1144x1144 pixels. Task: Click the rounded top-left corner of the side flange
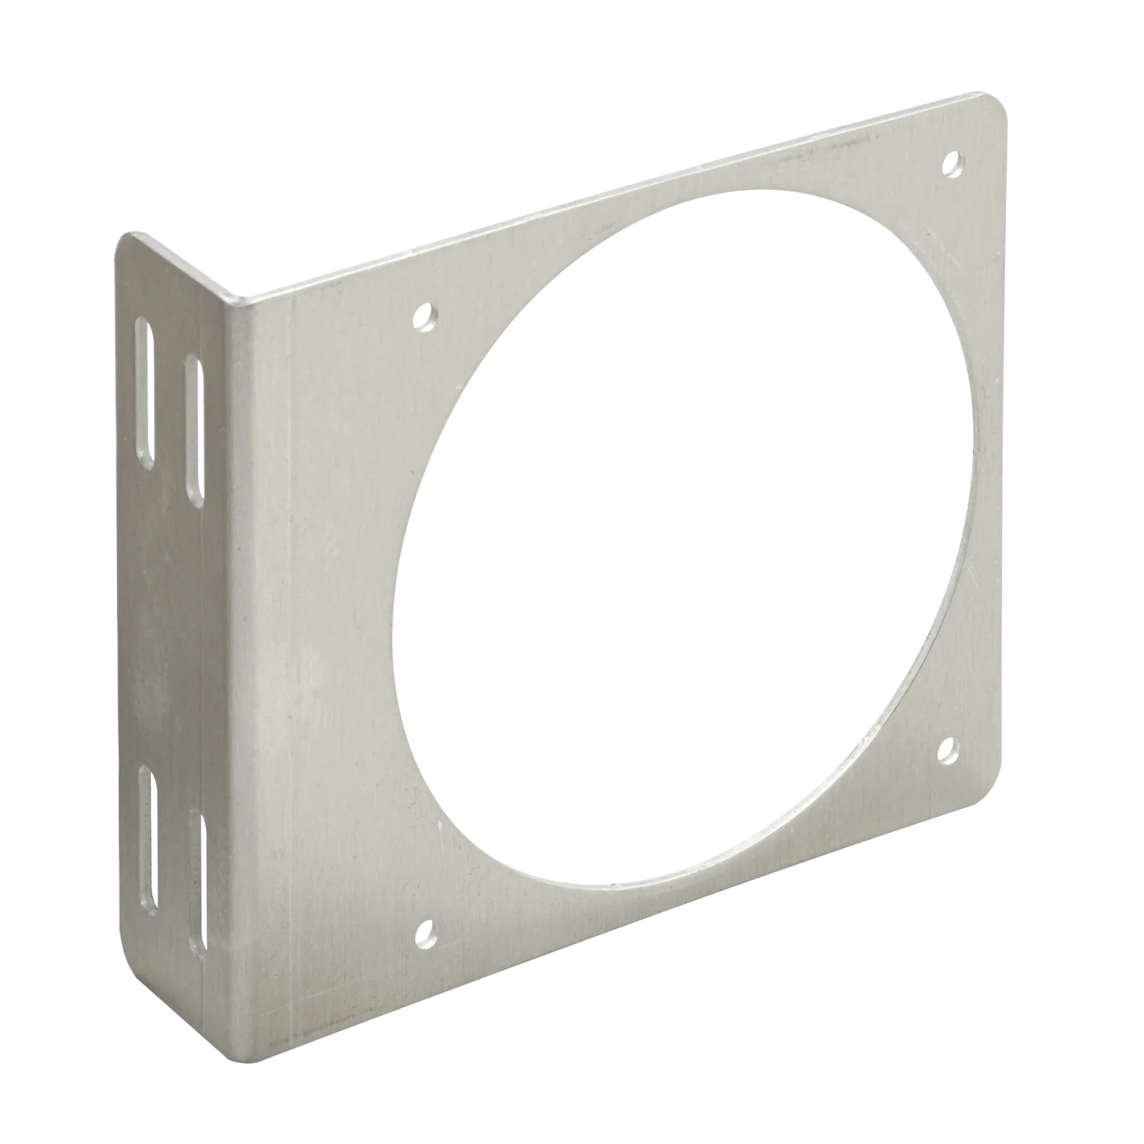point(127,236)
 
